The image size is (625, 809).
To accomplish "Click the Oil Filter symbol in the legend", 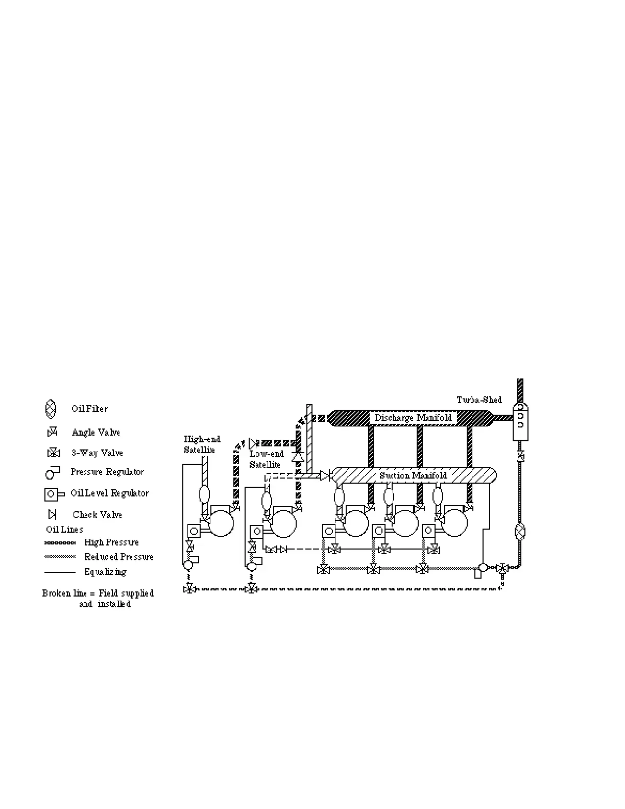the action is (x=51, y=409).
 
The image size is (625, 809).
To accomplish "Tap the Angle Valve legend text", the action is (x=96, y=433).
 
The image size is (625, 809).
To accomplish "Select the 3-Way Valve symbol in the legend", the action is (x=54, y=453).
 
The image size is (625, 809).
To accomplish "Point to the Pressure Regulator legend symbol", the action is (x=53, y=472).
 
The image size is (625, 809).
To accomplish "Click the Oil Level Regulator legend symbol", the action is (x=54, y=494).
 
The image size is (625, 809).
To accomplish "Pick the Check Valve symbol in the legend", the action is (x=52, y=514).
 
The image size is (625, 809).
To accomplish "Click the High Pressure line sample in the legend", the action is (x=60, y=542).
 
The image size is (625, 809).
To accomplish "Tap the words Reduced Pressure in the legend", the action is (x=119, y=557).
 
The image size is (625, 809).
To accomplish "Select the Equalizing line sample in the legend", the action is (x=60, y=572).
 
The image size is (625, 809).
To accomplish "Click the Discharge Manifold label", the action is (x=413, y=418).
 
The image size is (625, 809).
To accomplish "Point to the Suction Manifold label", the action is (x=413, y=475).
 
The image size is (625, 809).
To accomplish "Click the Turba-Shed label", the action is (x=479, y=400).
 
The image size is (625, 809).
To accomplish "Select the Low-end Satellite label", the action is (x=266, y=459).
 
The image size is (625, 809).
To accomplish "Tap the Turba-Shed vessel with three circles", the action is (x=520, y=422).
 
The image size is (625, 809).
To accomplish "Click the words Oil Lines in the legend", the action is (x=64, y=530).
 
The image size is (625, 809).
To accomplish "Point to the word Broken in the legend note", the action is (x=57, y=593).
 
